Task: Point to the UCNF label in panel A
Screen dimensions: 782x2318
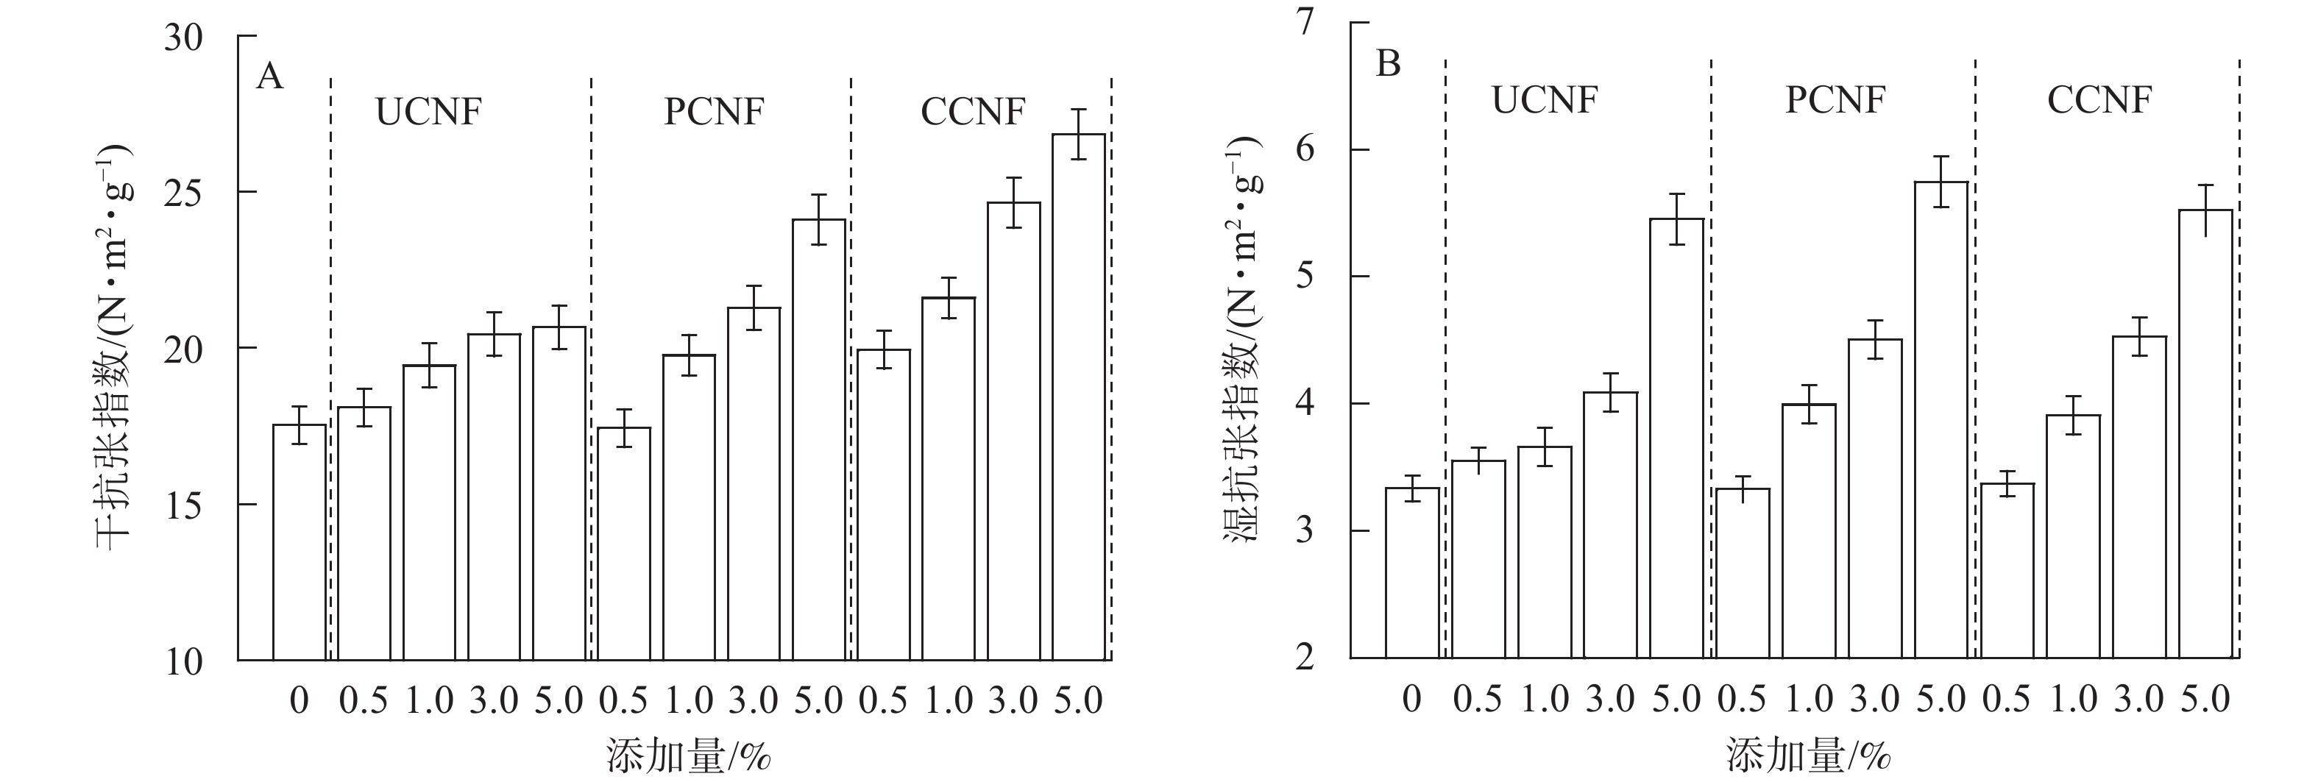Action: click(x=428, y=113)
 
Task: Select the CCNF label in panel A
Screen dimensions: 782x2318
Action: click(x=973, y=113)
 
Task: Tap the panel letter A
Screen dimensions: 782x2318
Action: click(x=269, y=77)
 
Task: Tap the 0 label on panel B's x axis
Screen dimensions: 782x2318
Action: click(x=1412, y=699)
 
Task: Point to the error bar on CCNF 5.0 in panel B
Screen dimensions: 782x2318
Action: click(x=2205, y=210)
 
